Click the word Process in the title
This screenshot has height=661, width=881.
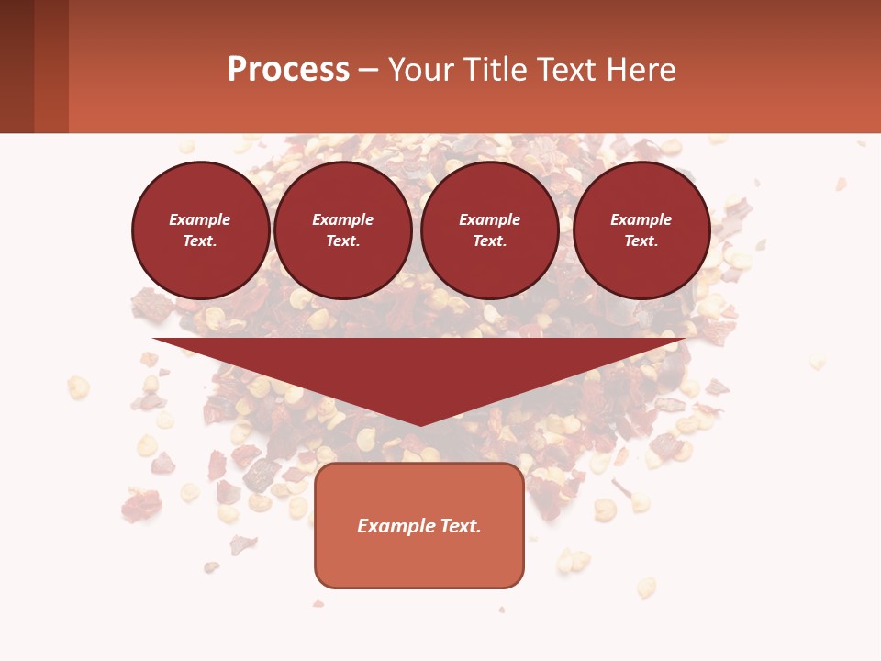click(288, 70)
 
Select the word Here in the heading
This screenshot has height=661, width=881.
click(641, 70)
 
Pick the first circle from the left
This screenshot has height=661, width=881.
click(200, 230)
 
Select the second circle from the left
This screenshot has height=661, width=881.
click(343, 230)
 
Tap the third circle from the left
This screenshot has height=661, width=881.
click(490, 230)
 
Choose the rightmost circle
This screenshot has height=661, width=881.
click(641, 230)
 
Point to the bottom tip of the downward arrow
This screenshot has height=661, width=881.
click(420, 424)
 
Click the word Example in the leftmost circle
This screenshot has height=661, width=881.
click(200, 219)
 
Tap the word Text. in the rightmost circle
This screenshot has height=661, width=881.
click(641, 241)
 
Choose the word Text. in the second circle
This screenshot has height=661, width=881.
click(343, 241)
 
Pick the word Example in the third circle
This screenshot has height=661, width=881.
click(490, 219)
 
